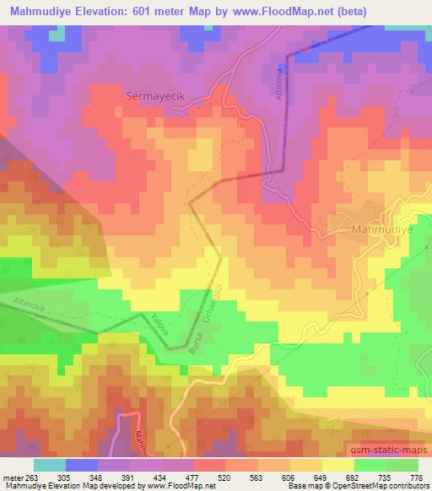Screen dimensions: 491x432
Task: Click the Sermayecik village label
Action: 155,96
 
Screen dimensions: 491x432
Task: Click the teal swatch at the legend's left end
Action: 50,464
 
